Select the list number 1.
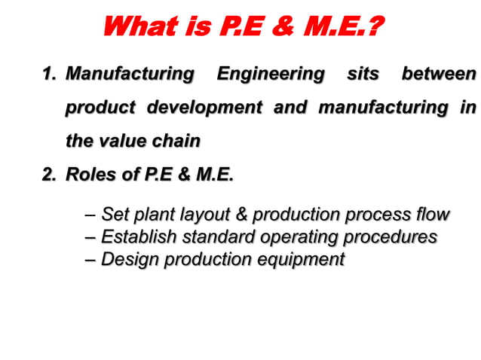tap(49, 74)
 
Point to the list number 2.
tap(49, 175)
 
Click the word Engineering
tap(271, 75)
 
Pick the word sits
tap(363, 74)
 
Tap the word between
tap(439, 74)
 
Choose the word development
tap(204, 108)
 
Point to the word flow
tap(431, 214)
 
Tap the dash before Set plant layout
tap(91, 215)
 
